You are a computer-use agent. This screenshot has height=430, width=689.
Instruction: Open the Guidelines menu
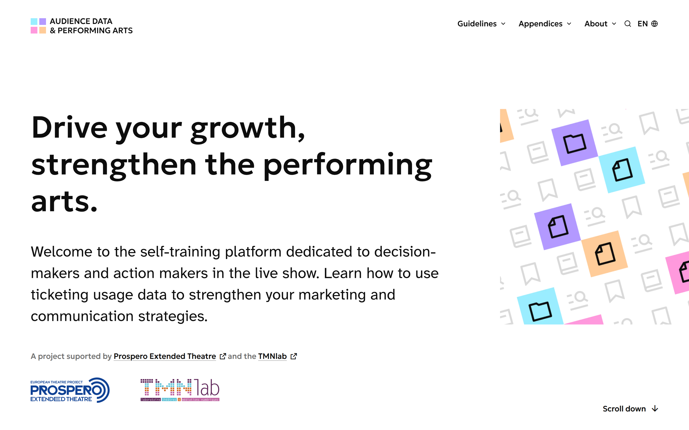[481, 24]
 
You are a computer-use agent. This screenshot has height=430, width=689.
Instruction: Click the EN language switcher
[647, 24]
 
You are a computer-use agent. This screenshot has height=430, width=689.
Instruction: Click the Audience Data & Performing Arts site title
[91, 26]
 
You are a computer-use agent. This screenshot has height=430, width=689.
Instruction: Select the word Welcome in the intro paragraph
[61, 252]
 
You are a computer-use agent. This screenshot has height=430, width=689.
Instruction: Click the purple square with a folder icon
[575, 143]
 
